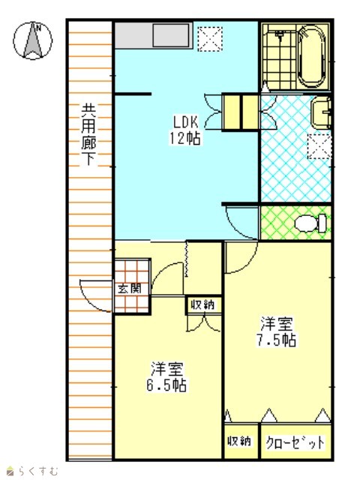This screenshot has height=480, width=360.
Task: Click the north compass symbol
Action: point(33,40)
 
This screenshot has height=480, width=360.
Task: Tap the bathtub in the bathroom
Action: point(311,57)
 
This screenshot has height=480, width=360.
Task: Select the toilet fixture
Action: point(310,223)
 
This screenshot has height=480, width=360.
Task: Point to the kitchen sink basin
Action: point(171,35)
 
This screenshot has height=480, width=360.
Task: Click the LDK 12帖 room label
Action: point(185,130)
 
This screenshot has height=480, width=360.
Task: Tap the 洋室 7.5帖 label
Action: point(277,331)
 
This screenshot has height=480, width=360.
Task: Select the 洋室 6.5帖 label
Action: point(166,376)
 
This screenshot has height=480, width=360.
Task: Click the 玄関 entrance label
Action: point(130,289)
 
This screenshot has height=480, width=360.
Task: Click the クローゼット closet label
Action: point(295,442)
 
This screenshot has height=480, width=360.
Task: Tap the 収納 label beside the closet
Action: point(239,441)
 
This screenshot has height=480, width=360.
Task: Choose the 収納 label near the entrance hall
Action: point(203,305)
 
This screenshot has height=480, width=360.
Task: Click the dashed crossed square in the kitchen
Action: point(210,39)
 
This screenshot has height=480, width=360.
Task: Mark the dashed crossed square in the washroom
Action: point(319,146)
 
